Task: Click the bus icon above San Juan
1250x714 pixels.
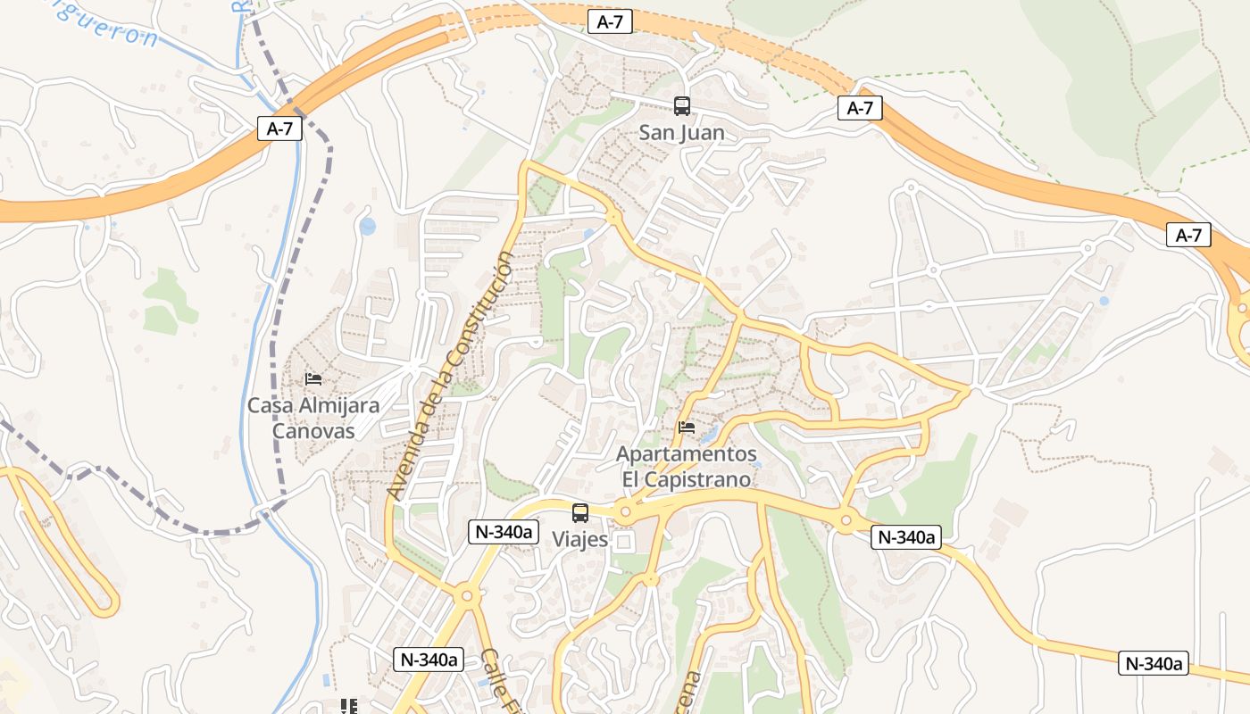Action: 682,106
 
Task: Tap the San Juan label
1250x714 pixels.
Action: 681,133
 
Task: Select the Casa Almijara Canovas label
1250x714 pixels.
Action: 313,418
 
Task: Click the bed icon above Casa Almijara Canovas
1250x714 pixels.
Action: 313,379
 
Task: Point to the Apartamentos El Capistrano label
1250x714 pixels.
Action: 687,466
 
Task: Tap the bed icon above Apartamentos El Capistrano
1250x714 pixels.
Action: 687,428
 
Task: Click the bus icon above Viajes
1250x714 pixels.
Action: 580,513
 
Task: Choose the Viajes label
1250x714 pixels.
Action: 579,539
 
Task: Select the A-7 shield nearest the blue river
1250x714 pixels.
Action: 279,129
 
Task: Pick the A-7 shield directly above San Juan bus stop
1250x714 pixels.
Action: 610,22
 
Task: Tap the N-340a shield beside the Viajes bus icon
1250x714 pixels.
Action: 504,532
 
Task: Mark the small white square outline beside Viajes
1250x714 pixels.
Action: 623,542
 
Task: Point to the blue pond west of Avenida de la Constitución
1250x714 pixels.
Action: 367,226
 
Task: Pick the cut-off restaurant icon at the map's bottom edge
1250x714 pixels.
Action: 349,706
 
